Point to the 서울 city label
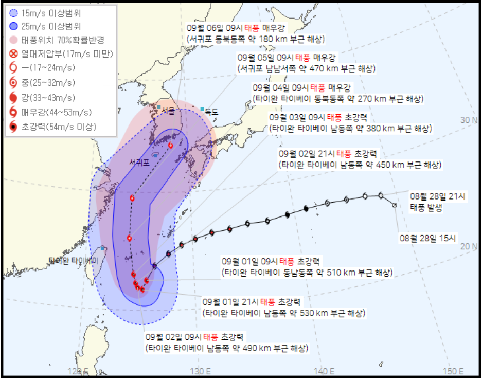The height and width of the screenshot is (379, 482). [x=168, y=110]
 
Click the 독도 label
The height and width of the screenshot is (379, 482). [x=211, y=111]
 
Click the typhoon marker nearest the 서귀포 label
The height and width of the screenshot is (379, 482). [x=170, y=146]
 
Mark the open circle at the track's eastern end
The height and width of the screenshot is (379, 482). [x=395, y=206]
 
